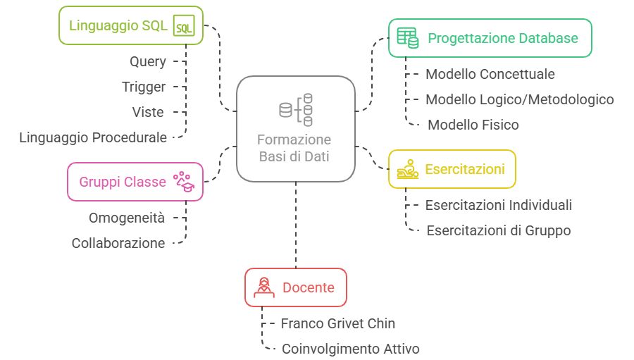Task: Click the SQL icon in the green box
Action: (x=184, y=26)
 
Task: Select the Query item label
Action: (x=148, y=61)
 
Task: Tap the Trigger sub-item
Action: (x=144, y=87)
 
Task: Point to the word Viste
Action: (x=148, y=112)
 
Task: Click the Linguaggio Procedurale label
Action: (x=93, y=137)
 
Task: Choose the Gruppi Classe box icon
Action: (x=184, y=181)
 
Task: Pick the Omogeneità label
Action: (x=127, y=218)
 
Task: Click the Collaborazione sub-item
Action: (x=118, y=243)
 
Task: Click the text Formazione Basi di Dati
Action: (x=294, y=148)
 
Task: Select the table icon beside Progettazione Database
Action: (x=407, y=37)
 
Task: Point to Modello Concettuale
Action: (x=490, y=74)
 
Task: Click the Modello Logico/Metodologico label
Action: (x=520, y=99)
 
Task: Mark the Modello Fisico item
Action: (x=473, y=125)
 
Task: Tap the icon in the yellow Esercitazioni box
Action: (x=407, y=169)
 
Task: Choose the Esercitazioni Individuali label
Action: (x=499, y=205)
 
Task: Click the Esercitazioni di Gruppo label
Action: (x=499, y=230)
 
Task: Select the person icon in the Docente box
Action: (x=264, y=287)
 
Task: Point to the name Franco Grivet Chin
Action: (x=338, y=323)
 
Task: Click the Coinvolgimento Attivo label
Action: (x=351, y=348)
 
